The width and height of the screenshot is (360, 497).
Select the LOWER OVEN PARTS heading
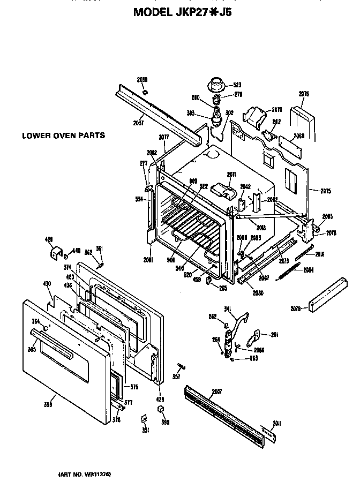(63, 135)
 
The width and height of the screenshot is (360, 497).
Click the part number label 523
(237, 85)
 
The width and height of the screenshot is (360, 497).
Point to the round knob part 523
(217, 84)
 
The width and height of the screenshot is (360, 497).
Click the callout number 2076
(304, 94)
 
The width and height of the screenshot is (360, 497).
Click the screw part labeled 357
(180, 367)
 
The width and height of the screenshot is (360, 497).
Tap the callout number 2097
(217, 391)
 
